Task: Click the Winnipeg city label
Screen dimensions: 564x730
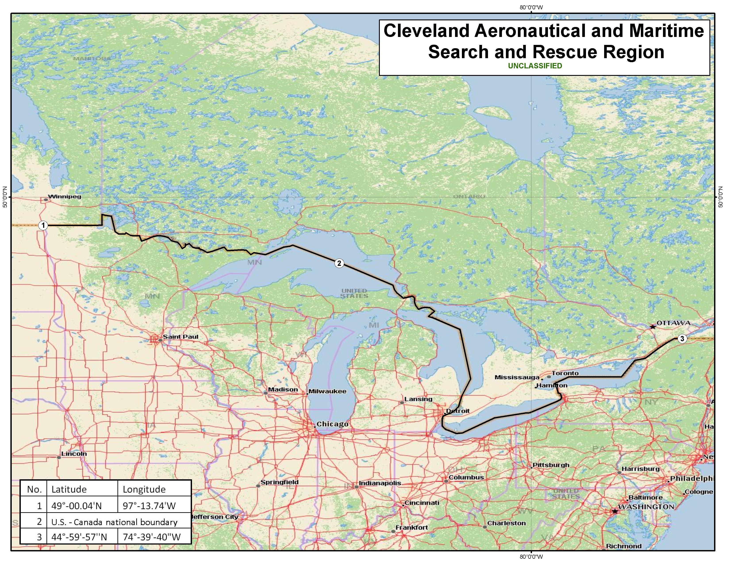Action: (65, 196)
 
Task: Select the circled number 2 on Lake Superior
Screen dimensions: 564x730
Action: (339, 263)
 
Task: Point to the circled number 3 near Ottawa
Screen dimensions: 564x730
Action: (682, 338)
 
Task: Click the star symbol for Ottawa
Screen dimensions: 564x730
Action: (652, 326)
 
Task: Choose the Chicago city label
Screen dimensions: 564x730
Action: (332, 424)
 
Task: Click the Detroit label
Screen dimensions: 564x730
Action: (458, 411)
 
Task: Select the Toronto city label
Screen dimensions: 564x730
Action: (565, 373)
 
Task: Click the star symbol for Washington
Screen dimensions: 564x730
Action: (614, 511)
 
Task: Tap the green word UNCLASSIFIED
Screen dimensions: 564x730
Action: (535, 66)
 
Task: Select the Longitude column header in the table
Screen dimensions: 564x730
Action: (144, 489)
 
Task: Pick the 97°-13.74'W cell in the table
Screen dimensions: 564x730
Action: (149, 506)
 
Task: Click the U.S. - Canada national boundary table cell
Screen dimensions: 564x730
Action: (114, 522)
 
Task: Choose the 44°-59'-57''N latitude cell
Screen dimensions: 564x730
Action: (79, 537)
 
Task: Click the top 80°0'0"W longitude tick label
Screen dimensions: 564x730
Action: (531, 7)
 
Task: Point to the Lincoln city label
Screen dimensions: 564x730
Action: (74, 454)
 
